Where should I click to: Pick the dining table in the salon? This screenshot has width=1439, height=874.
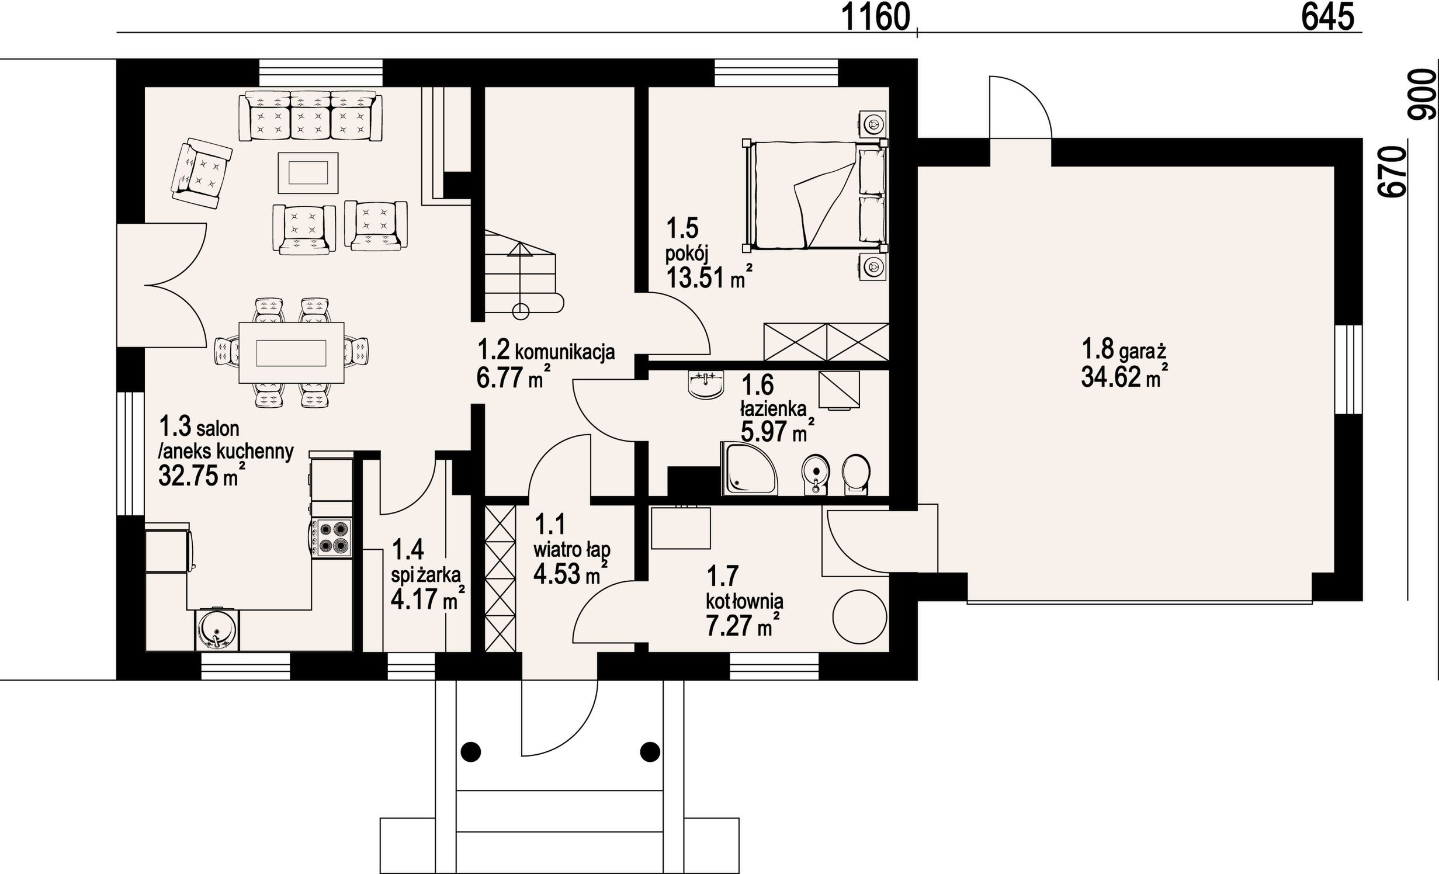pos(292,353)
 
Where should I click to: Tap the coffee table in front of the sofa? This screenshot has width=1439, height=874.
pos(308,172)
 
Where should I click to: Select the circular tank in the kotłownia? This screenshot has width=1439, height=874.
pos(859,616)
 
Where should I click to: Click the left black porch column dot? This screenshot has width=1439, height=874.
pos(470,751)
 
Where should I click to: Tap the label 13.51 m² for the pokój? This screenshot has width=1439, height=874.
pos(709,278)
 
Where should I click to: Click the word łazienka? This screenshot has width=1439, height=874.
pos(774,409)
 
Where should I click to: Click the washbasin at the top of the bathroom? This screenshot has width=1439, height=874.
pos(706,384)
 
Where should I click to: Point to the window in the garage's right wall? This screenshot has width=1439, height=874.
pos(1349,369)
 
